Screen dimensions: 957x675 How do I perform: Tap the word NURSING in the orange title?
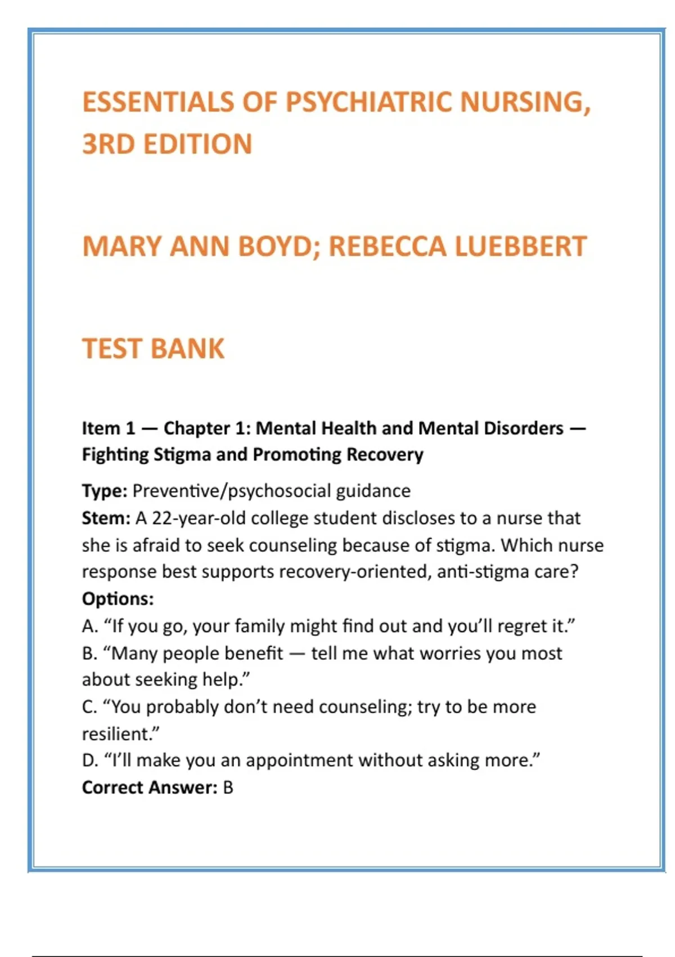[x=525, y=102]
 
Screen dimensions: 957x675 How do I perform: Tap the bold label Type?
[x=105, y=491]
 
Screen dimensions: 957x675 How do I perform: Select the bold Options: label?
[x=118, y=598]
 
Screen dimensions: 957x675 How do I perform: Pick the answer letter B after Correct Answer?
[x=228, y=787]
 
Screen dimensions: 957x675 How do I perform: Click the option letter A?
[x=89, y=626]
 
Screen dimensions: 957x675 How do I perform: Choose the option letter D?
[x=89, y=760]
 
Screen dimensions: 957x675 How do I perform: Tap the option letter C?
[x=89, y=706]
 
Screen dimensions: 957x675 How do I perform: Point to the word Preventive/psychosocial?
[x=231, y=491]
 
